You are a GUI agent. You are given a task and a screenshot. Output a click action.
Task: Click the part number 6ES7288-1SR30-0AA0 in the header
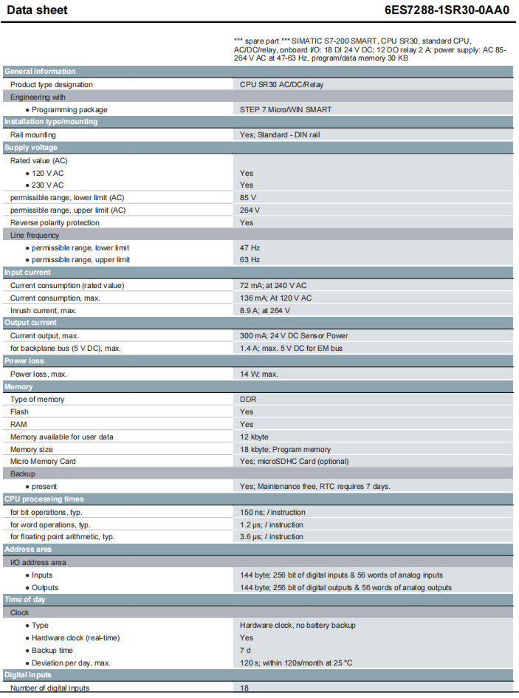coord(447,10)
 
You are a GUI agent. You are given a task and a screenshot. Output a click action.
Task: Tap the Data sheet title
coord(37,10)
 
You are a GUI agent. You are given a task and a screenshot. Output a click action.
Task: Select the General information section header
coord(40,72)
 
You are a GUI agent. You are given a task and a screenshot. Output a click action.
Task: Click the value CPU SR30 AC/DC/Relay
coord(281,84)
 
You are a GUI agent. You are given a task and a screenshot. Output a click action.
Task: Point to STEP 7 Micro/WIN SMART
coord(286,109)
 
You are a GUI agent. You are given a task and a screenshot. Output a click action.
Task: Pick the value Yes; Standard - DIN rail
coord(280,134)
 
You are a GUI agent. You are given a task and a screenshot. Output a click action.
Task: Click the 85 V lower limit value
coord(248,197)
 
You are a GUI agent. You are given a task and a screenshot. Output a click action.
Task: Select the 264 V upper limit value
coord(250,210)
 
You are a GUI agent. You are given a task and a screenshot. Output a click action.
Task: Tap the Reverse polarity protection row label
coord(55,222)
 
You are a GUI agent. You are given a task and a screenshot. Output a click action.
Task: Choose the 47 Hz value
coord(250,247)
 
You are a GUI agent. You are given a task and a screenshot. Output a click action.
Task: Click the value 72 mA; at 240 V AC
coord(273,285)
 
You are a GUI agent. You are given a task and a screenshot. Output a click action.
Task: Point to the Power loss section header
coord(24,361)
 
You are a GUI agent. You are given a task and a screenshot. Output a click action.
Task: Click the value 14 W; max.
coord(258,374)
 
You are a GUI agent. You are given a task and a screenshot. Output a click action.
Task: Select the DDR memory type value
coord(248,399)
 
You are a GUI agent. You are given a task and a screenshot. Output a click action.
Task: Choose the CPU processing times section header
coord(44,499)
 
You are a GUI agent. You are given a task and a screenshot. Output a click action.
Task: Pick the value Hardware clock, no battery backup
coord(298,625)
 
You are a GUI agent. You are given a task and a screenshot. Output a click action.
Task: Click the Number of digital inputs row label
coord(49,688)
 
